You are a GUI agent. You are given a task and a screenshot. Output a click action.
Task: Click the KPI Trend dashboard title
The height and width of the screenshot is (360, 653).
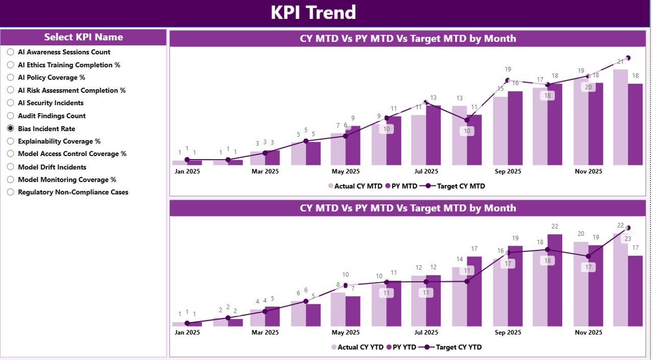[x=313, y=13]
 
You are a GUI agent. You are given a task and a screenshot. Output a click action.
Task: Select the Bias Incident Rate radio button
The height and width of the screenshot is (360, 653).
[x=11, y=128]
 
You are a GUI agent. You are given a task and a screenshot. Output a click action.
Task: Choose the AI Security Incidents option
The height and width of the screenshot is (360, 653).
[x=11, y=103]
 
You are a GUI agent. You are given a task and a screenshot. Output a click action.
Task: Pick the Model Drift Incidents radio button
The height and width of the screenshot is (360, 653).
[x=11, y=167]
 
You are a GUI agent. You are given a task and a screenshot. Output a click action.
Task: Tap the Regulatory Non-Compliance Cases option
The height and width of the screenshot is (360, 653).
[x=11, y=192]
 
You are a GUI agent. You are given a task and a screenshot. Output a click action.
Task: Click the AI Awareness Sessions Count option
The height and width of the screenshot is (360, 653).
[x=11, y=52]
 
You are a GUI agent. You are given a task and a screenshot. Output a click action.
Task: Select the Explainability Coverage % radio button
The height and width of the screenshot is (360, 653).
[x=11, y=141]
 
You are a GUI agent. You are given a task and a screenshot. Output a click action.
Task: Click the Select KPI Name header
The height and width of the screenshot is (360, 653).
[x=83, y=37]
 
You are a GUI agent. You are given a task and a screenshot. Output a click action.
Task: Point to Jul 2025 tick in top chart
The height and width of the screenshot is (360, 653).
[x=426, y=172]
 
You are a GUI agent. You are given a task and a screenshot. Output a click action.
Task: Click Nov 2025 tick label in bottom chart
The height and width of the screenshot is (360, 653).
[x=588, y=332]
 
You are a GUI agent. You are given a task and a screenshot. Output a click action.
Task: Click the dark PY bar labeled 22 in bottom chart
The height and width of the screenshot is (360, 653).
[x=555, y=280]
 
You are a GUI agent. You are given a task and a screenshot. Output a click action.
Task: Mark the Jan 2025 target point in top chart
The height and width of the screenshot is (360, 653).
[x=187, y=160]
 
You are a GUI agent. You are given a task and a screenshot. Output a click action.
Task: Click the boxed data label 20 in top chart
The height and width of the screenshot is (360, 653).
[x=588, y=87]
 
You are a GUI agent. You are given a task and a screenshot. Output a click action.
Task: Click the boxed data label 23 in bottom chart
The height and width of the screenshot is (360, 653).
[x=627, y=239]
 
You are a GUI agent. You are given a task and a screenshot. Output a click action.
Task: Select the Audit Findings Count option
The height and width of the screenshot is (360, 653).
[x=11, y=116]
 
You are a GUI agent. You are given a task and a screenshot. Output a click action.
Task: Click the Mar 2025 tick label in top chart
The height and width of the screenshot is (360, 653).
[x=265, y=172]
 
